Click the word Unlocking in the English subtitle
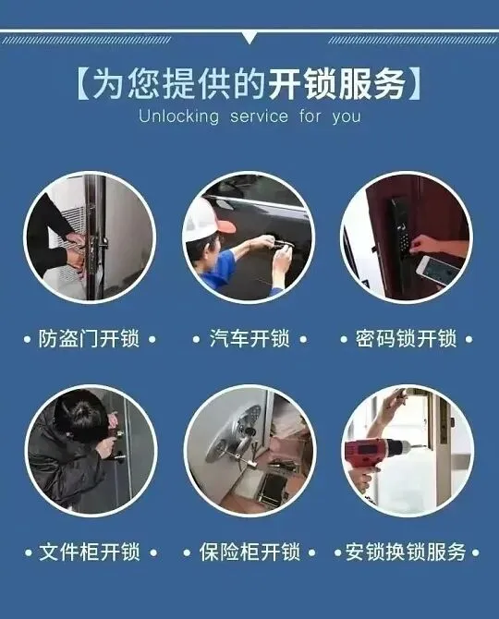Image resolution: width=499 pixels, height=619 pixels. pyautogui.click(x=179, y=116)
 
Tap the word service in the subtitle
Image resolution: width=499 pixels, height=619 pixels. pyautogui.click(x=260, y=116)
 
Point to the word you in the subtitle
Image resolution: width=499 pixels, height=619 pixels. pyautogui.click(x=347, y=117)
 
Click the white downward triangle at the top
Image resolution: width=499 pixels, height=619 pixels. pyautogui.click(x=249, y=38)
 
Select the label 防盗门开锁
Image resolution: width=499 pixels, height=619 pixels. pyautogui.click(x=90, y=339)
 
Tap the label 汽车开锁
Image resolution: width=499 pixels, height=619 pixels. pyautogui.click(x=249, y=339)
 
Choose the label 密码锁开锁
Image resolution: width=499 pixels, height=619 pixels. pyautogui.click(x=406, y=339)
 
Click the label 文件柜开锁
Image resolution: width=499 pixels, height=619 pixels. pyautogui.click(x=90, y=552)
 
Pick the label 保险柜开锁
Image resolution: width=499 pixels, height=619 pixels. pyautogui.click(x=249, y=552)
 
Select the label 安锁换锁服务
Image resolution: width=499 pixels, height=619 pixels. pyautogui.click(x=406, y=552)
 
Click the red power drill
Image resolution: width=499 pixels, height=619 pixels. pyautogui.click(x=374, y=454)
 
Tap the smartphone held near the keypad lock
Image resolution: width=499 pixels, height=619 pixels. pyautogui.click(x=437, y=271)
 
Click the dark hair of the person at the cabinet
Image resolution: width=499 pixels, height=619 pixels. pyautogui.click(x=81, y=416)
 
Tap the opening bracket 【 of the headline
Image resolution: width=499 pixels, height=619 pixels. pyautogui.click(x=84, y=84)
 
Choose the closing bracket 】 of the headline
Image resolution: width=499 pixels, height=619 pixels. pyautogui.click(x=415, y=84)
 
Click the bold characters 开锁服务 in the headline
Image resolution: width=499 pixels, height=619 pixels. pyautogui.click(x=336, y=84)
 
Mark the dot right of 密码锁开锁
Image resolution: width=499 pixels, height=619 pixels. pyautogui.click(x=469, y=339)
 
